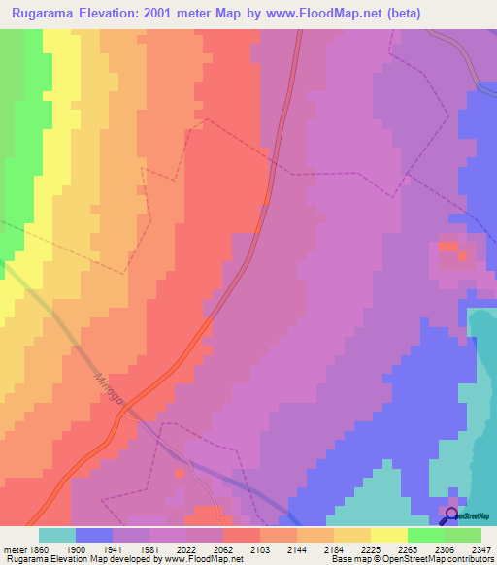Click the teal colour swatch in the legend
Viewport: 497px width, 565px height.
point(57,535)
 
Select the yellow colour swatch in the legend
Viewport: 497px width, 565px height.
point(389,535)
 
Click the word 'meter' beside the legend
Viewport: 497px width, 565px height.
point(15,549)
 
